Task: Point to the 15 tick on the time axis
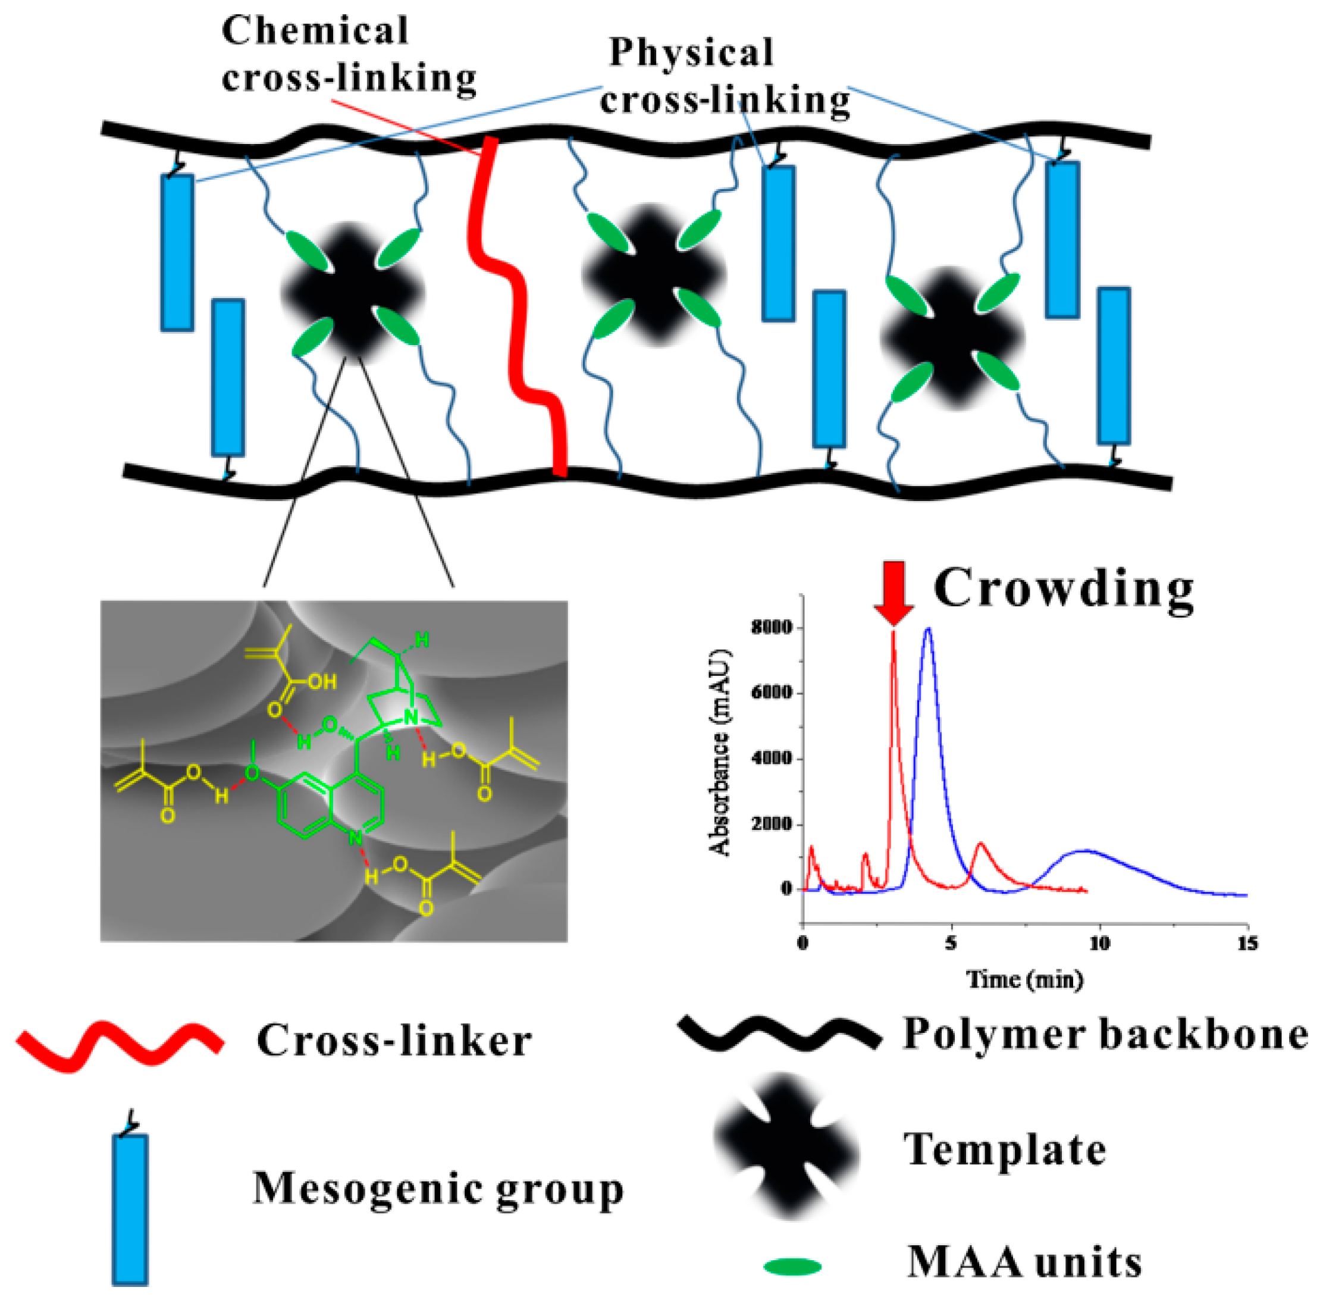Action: click(x=1247, y=944)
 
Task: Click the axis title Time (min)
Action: click(x=1024, y=980)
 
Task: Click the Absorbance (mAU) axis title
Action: click(x=720, y=751)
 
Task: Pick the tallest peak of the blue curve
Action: click(x=928, y=629)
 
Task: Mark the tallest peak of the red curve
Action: click(x=893, y=632)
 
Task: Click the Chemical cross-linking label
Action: click(x=349, y=55)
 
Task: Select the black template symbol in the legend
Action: click(x=786, y=1148)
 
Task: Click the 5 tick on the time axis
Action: click(x=951, y=944)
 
